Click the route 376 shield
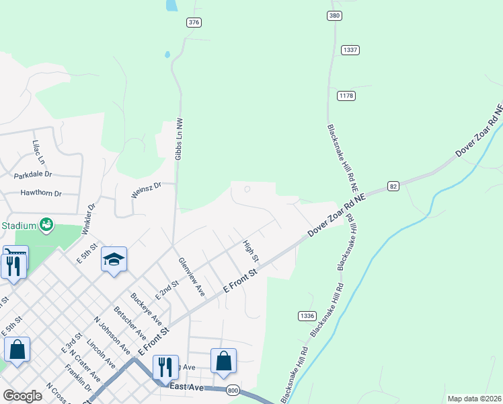(x=194, y=22)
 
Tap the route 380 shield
(x=334, y=15)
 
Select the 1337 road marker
(x=350, y=50)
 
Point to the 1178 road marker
(x=346, y=96)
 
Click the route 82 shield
(x=393, y=186)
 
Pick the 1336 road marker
(x=307, y=315)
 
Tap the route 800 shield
(x=233, y=390)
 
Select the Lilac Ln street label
(x=38, y=153)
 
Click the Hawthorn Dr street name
(x=41, y=193)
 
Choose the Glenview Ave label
(x=192, y=277)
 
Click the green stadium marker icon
(x=46, y=224)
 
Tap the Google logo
(x=22, y=396)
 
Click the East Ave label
(x=186, y=387)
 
